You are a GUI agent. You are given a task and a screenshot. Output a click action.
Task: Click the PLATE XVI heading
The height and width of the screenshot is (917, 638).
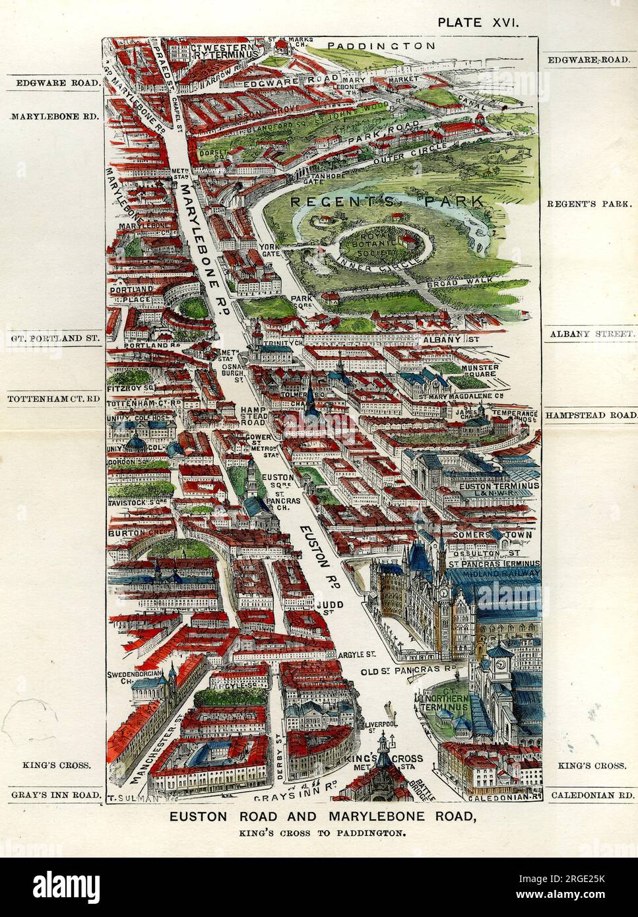coord(479,22)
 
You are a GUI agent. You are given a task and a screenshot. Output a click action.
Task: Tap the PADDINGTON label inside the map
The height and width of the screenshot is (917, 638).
coord(381,46)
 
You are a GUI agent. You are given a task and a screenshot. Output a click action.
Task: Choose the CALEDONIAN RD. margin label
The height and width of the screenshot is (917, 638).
coord(591,796)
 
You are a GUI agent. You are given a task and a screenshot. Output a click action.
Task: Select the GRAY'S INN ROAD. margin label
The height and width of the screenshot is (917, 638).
coord(55,795)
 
